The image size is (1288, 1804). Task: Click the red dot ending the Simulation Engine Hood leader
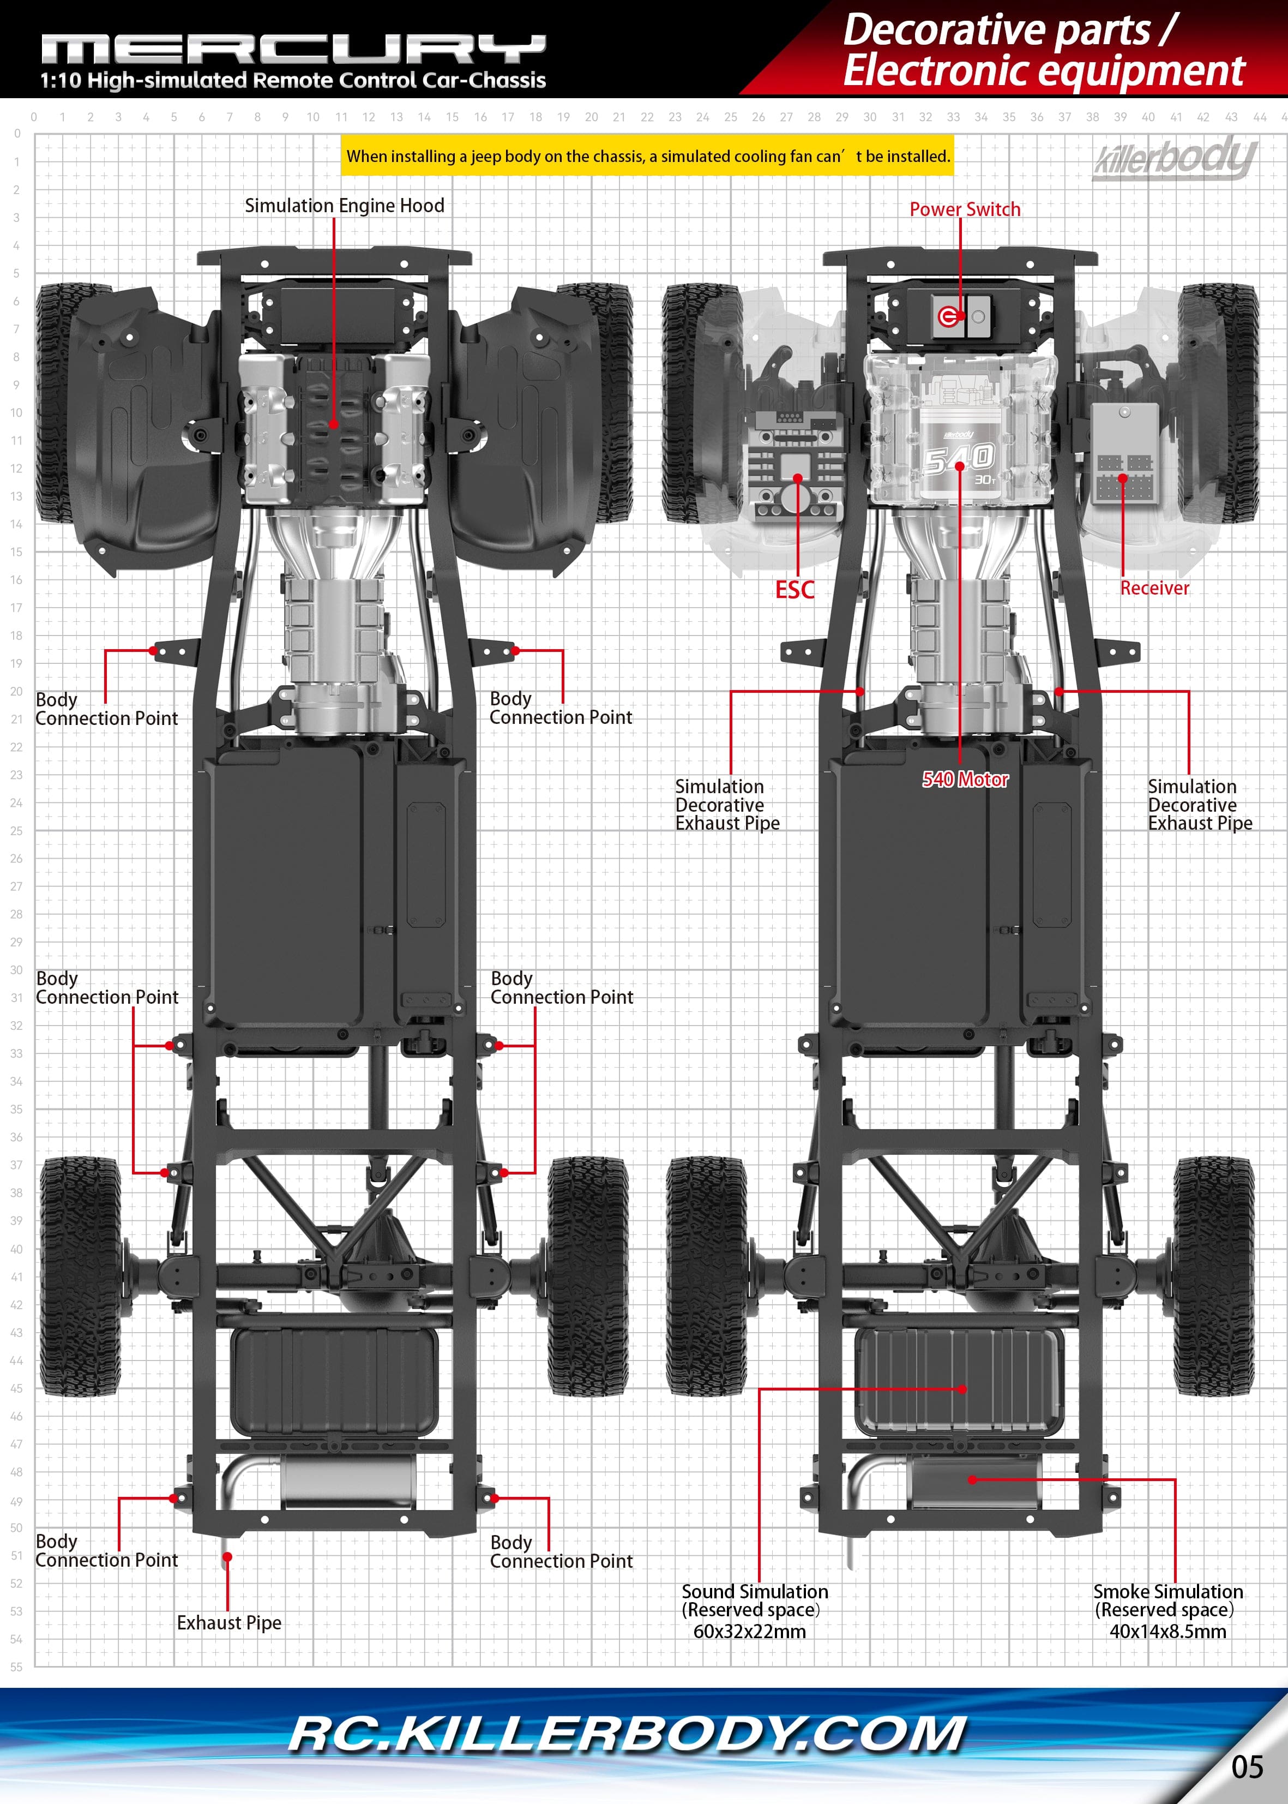[334, 424]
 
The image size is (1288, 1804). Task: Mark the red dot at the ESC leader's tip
[798, 478]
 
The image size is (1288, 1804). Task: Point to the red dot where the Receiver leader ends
[1123, 478]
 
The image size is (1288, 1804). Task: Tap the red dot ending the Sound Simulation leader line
[962, 1389]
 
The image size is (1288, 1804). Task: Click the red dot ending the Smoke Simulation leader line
[972, 1479]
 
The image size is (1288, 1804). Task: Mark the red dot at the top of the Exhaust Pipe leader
[227, 1557]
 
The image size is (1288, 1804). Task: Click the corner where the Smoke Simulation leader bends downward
[1175, 1479]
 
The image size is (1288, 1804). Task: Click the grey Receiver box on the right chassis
[1124, 453]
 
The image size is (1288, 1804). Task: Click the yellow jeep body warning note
[648, 156]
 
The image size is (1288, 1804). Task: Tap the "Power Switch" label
[965, 209]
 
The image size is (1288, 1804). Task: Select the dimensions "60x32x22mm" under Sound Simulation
[749, 1631]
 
